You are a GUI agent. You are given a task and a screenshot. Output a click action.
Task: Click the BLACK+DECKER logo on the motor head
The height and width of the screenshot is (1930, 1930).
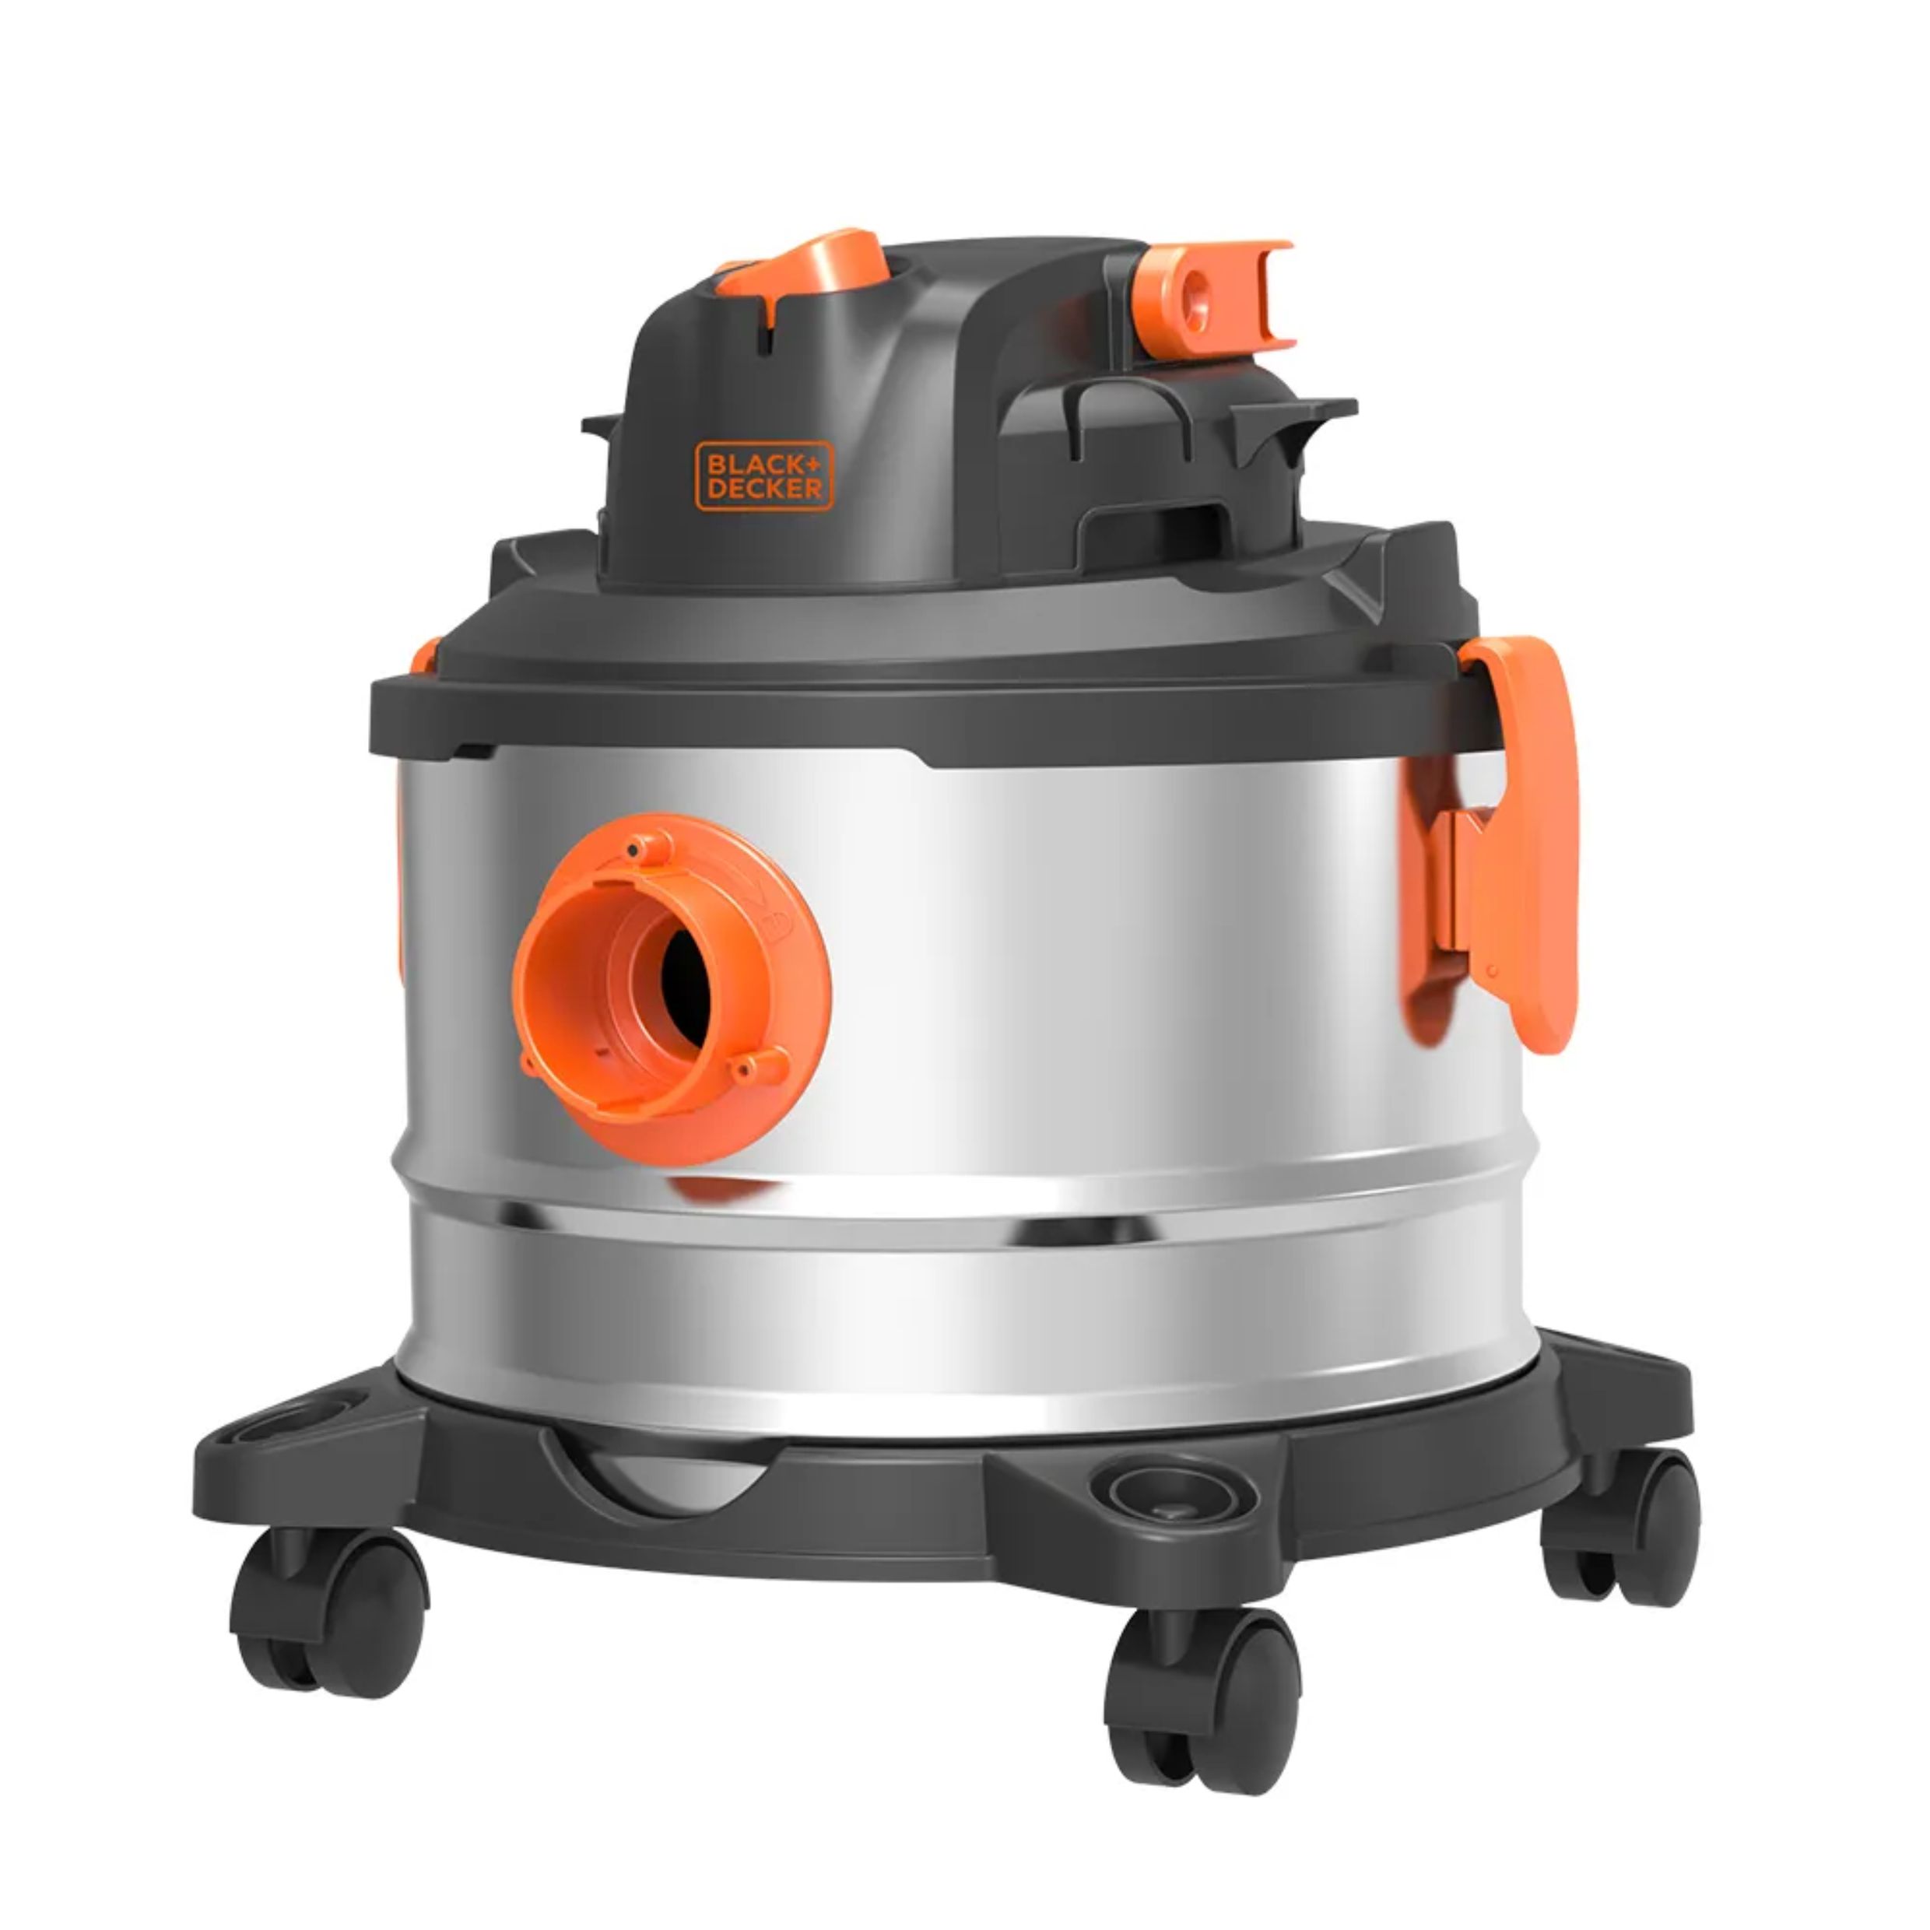764,475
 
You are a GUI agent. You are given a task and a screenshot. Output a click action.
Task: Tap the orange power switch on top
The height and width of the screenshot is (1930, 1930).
804,264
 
